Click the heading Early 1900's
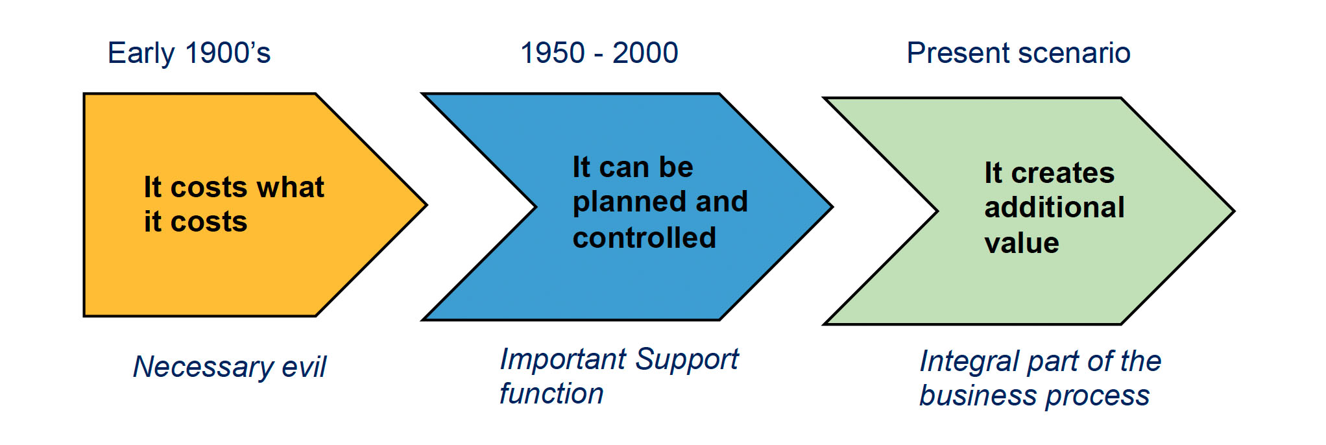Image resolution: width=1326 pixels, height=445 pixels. pos(189,53)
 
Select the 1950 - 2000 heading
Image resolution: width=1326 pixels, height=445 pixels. pos(599,53)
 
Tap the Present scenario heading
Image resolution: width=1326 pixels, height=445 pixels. pos(1019,53)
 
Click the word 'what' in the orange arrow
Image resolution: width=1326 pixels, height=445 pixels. pos(291,187)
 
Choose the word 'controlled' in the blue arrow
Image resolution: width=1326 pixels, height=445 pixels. pos(644,237)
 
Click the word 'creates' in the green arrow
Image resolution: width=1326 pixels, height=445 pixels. pos(1063,173)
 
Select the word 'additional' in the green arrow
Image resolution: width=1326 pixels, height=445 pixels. pos(1054,208)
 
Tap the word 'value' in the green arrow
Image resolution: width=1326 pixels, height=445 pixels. pos(1022,243)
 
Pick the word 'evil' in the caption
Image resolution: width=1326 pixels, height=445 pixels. pos(304,367)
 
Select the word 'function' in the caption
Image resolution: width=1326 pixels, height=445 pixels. pos(551,394)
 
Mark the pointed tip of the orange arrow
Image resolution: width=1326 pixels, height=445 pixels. pos(426,205)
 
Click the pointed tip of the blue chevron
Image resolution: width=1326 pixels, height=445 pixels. pos(832,207)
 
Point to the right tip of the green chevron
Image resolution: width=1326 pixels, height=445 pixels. pos(1234,211)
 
